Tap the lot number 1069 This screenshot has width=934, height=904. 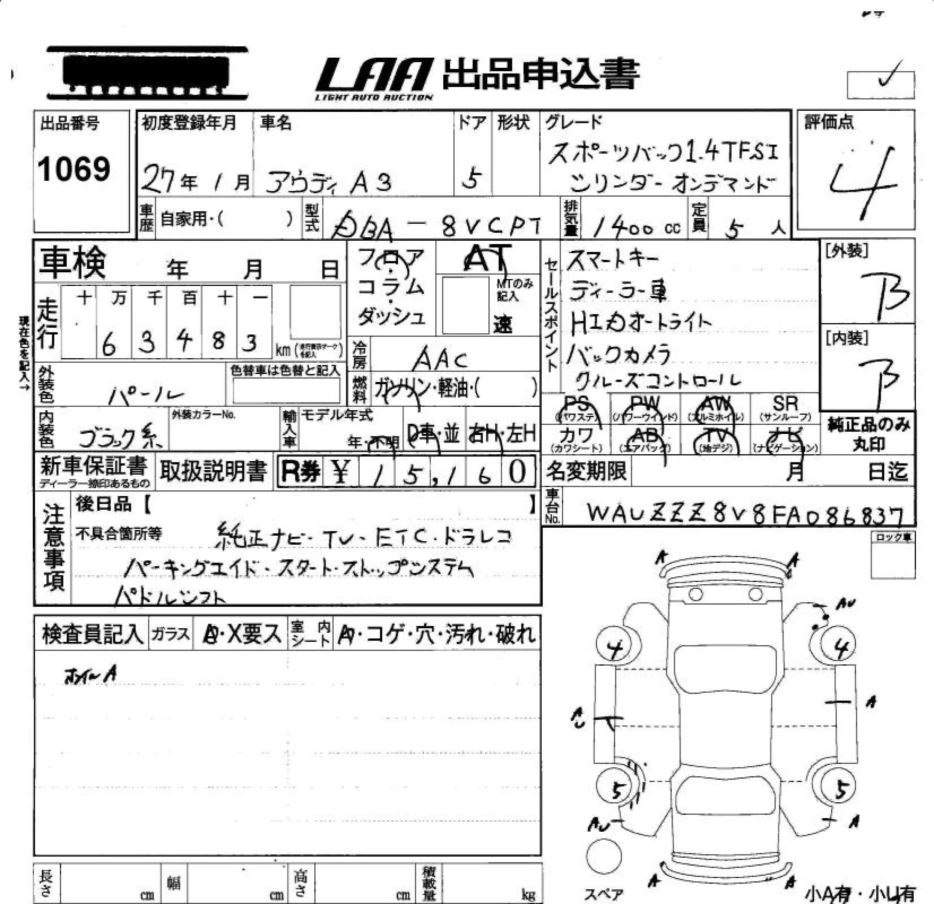(74, 169)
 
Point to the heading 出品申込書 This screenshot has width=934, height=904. (540, 75)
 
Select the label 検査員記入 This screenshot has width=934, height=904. (92, 634)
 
